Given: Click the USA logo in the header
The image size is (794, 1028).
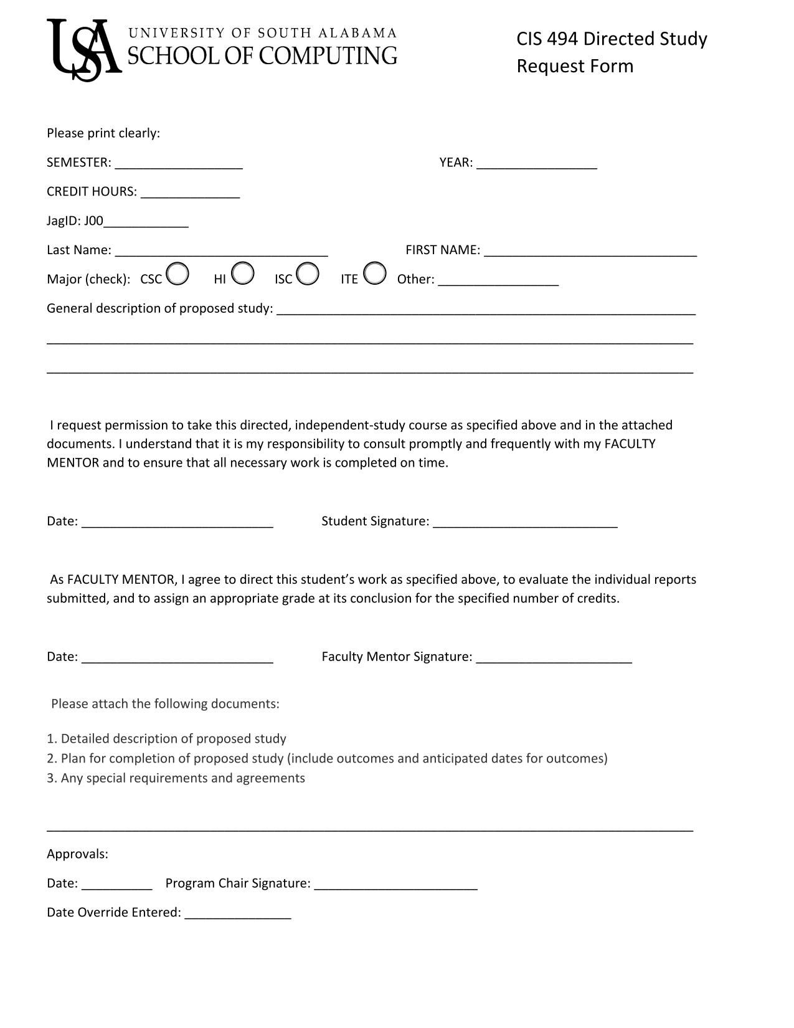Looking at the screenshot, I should coord(83,50).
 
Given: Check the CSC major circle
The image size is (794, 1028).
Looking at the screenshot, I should coord(177,274).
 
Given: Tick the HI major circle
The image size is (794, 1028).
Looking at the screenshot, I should coord(242,274).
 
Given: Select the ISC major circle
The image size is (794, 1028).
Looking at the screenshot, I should coord(308,274).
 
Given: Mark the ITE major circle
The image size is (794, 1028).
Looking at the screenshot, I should coord(374,274).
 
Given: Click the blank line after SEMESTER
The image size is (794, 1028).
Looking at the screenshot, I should coord(179,164).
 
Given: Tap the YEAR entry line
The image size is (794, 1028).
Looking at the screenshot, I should coord(537,164).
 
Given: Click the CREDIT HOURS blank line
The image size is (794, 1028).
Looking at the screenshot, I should coord(190,194).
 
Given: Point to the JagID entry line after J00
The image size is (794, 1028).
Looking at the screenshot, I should coord(146,223).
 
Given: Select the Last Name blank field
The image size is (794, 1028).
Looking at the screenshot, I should coord(222,252).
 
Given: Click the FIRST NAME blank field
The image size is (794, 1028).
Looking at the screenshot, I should coord(590,252).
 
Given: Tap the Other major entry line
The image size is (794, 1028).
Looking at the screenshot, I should coord(498,281).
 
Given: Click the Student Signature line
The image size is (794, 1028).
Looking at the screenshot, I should coord(525,523).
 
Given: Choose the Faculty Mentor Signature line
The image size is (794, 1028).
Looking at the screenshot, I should coord(554,659).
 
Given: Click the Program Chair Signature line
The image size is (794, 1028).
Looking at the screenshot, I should coord(396,885).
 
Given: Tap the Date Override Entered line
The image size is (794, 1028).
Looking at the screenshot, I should coord(238,915).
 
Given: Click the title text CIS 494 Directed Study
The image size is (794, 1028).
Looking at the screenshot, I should coord(612,39).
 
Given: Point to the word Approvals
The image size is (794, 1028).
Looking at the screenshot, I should coord(77,854).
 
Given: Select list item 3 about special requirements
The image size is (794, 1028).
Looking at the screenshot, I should coord(176,778).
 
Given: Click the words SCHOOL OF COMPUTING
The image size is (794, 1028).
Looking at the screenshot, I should coord(262,56).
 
